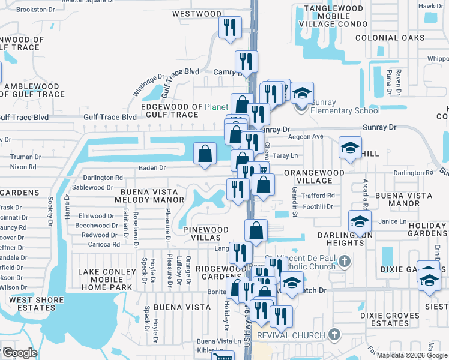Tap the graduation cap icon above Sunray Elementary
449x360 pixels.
pyautogui.click(x=303, y=94)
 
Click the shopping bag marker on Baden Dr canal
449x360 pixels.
pyautogui.click(x=205, y=153)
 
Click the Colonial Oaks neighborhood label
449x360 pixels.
pyautogui.click(x=390, y=38)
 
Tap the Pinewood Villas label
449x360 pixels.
pyautogui.click(x=206, y=233)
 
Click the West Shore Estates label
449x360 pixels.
pyautogui.click(x=29, y=303)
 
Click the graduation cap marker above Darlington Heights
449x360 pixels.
pyautogui.click(x=359, y=221)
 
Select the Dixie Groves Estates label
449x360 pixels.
pyautogui.click(x=389, y=319)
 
